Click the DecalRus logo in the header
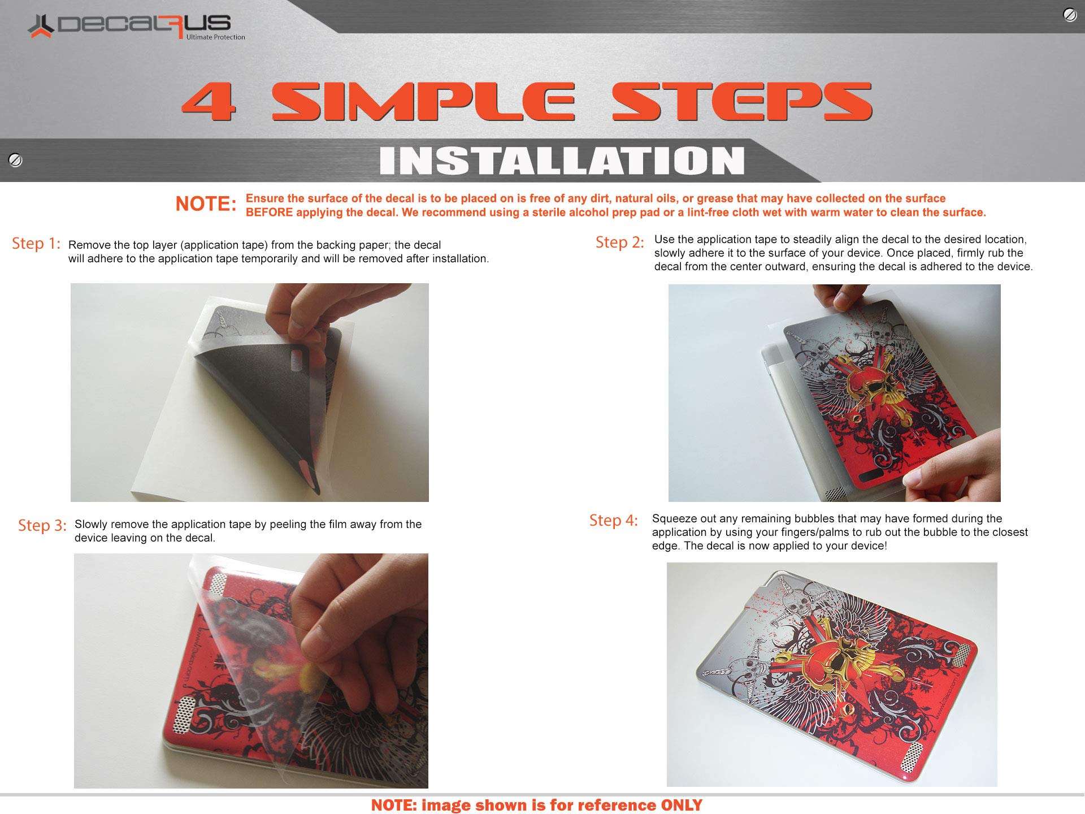coord(136,27)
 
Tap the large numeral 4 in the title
coord(209,102)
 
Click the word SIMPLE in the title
coord(423,102)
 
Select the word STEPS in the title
coord(743,102)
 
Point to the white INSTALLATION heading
coord(562,161)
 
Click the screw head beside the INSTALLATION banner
coord(15,161)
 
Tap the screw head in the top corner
coord(1070,15)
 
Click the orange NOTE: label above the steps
coord(206,204)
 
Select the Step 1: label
coord(36,244)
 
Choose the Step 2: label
coord(620,243)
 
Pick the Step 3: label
coord(42,526)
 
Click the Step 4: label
coord(614,521)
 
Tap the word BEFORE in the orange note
coord(269,213)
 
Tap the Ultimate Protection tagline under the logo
coord(216,37)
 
